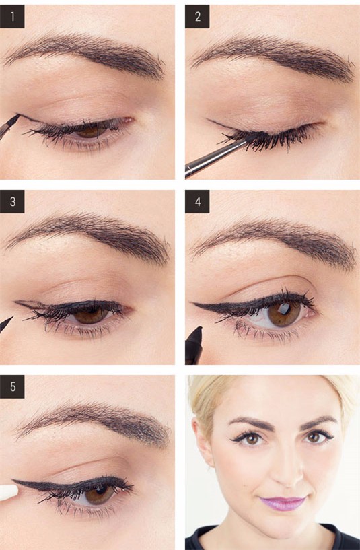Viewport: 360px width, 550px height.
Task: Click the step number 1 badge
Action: pyautogui.click(x=12, y=16)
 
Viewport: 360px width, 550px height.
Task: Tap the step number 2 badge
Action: pyautogui.click(x=197, y=16)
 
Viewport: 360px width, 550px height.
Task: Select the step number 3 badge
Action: pyautogui.click(x=12, y=202)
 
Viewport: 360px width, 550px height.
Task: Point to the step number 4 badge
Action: pyautogui.click(x=197, y=202)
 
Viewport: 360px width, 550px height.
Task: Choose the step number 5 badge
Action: pyautogui.click(x=12, y=386)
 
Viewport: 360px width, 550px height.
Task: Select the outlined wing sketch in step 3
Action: pyautogui.click(x=30, y=304)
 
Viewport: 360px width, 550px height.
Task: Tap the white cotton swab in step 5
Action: pyautogui.click(x=9, y=492)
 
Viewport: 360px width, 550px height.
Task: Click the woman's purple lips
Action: pyautogui.click(x=283, y=504)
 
